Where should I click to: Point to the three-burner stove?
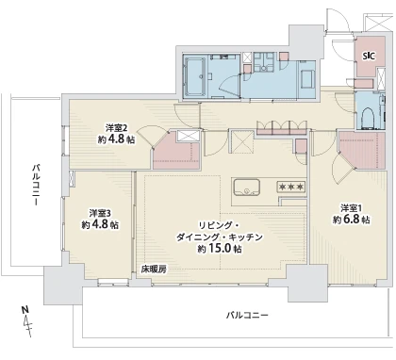(x=289, y=188)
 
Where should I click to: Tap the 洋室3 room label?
(x=100, y=213)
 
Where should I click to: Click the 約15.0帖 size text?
(x=218, y=250)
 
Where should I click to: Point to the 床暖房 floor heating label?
(x=154, y=269)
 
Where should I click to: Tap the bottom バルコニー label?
(x=247, y=313)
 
